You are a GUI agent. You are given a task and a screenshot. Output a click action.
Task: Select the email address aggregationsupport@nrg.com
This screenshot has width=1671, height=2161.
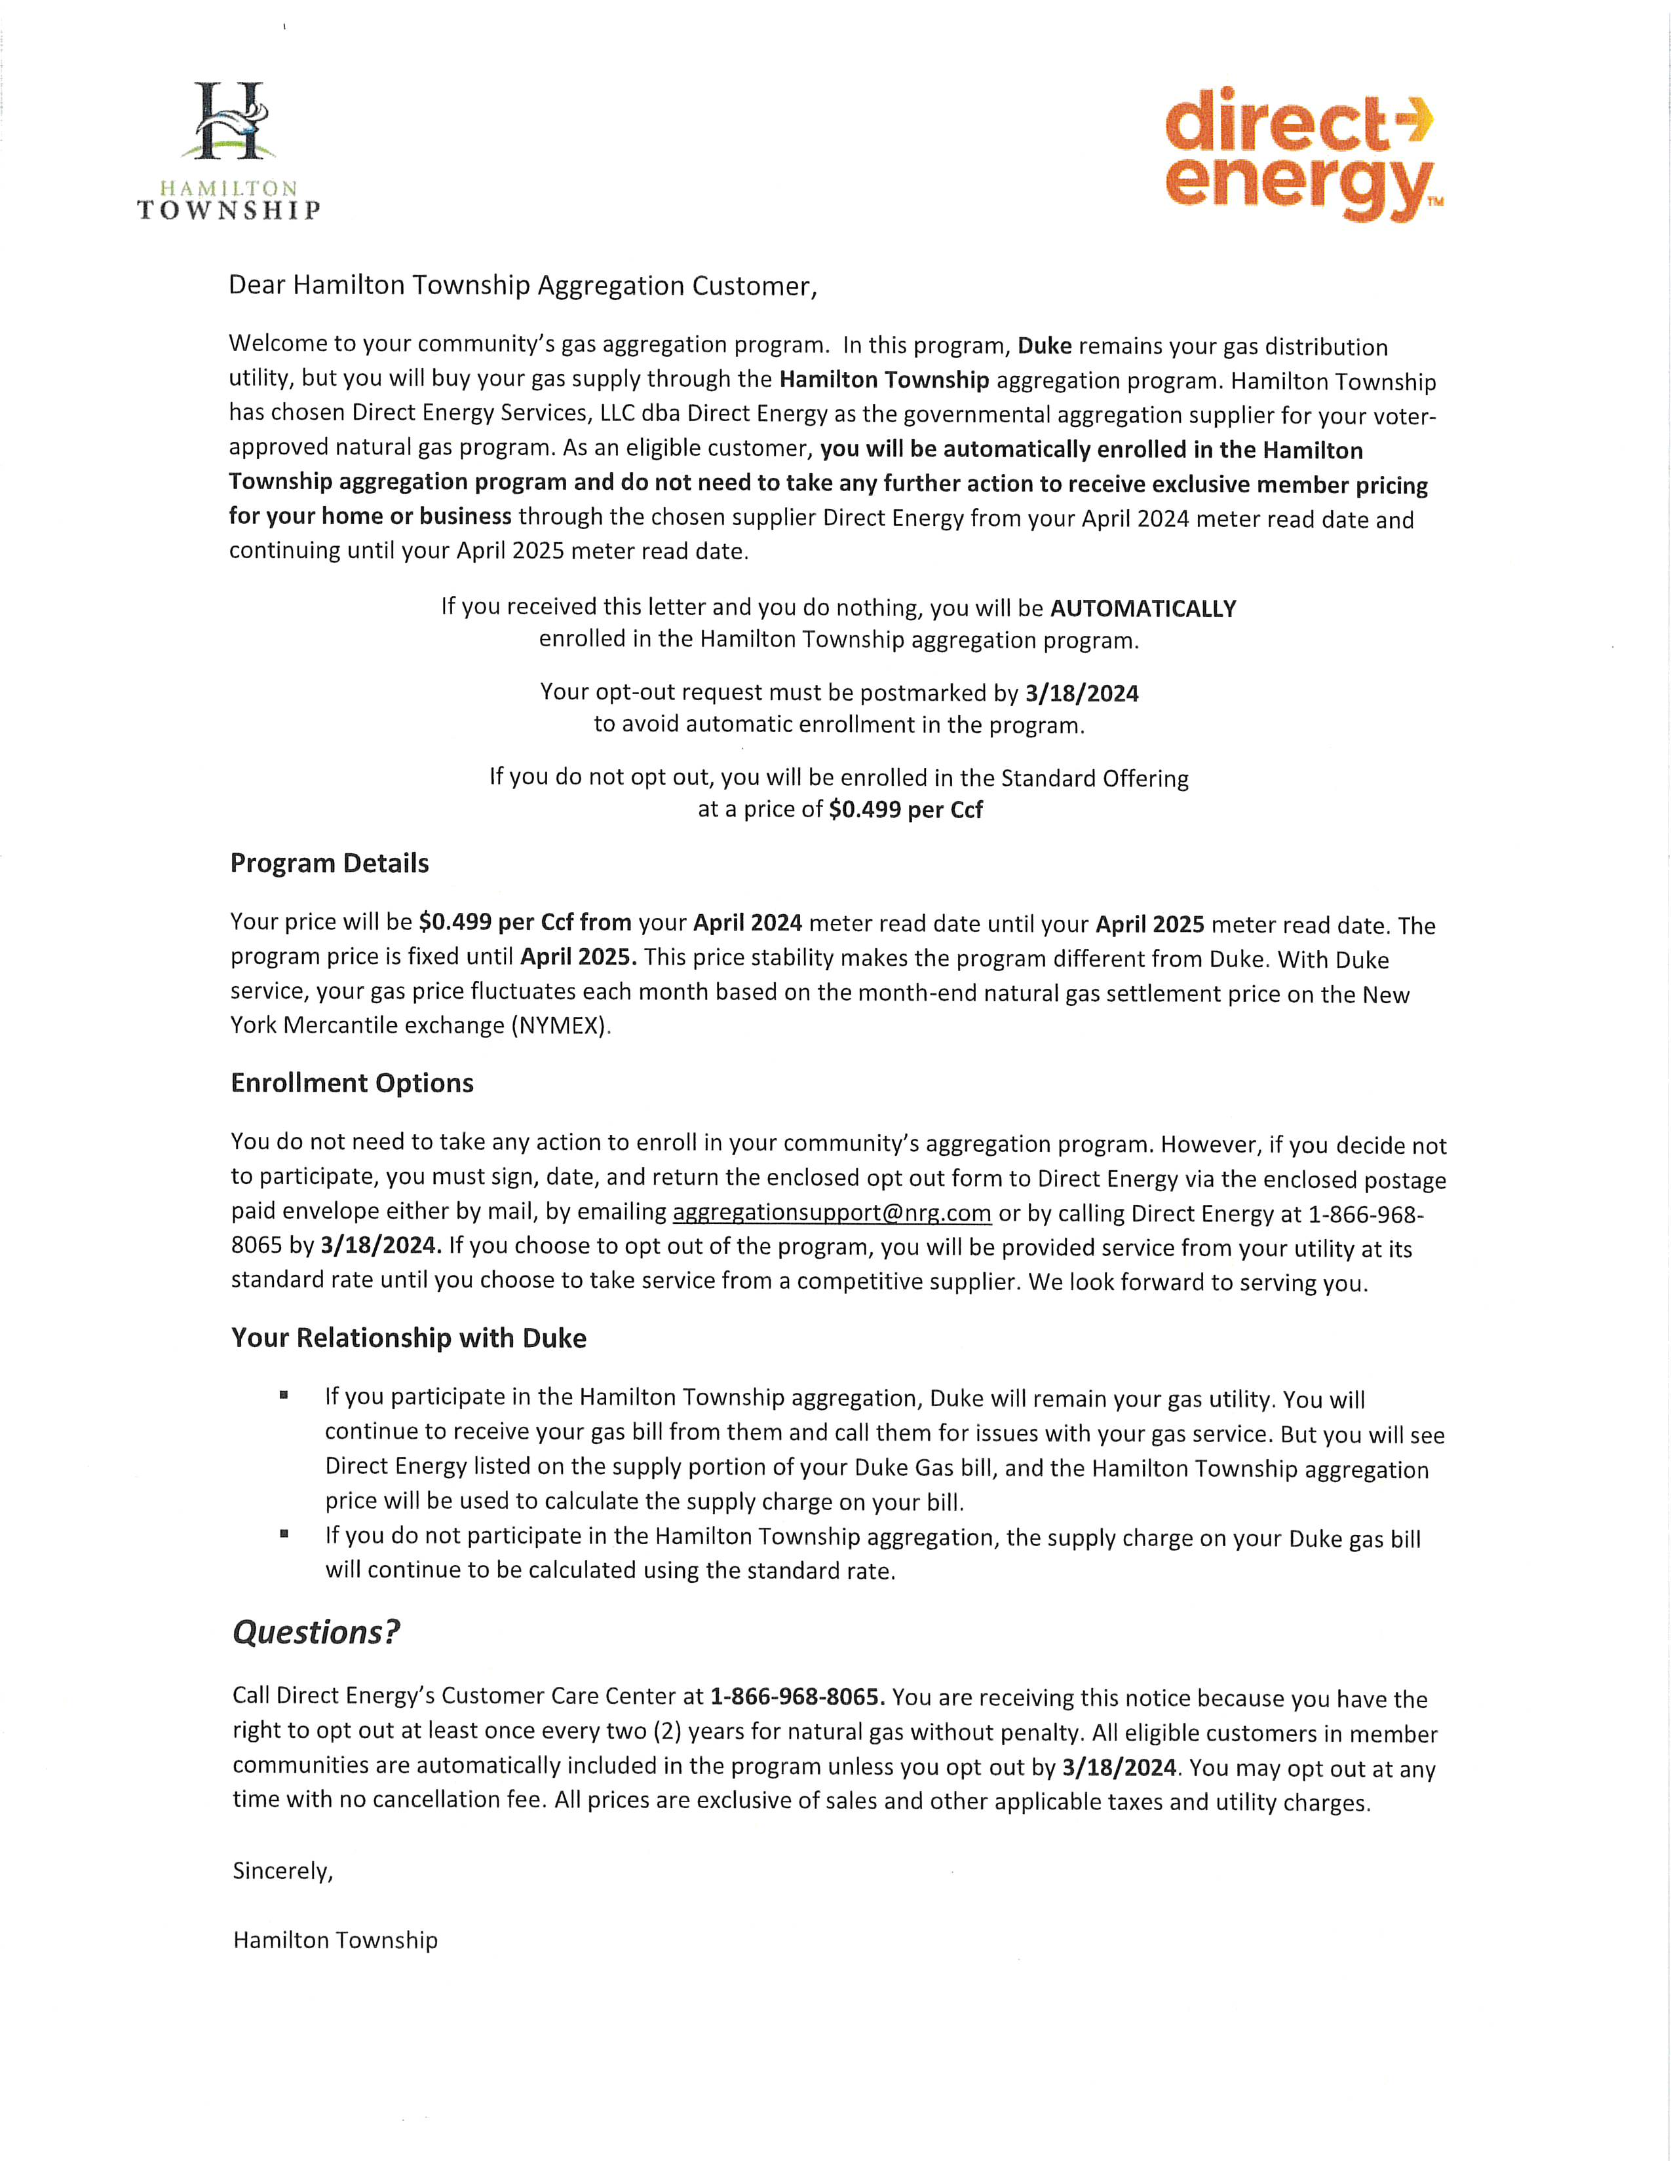pos(832,1212)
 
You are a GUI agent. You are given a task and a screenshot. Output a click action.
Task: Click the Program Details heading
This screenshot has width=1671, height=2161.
pos(330,863)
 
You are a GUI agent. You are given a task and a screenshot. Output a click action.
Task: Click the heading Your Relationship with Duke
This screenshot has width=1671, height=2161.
pos(409,1338)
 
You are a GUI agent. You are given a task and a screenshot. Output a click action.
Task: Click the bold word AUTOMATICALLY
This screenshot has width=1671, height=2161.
pos(1143,608)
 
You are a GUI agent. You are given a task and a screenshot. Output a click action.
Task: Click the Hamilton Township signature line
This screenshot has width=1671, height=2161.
pos(335,1940)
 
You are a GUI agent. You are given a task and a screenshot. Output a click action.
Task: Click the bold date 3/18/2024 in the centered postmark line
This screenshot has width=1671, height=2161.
pos(1082,693)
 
